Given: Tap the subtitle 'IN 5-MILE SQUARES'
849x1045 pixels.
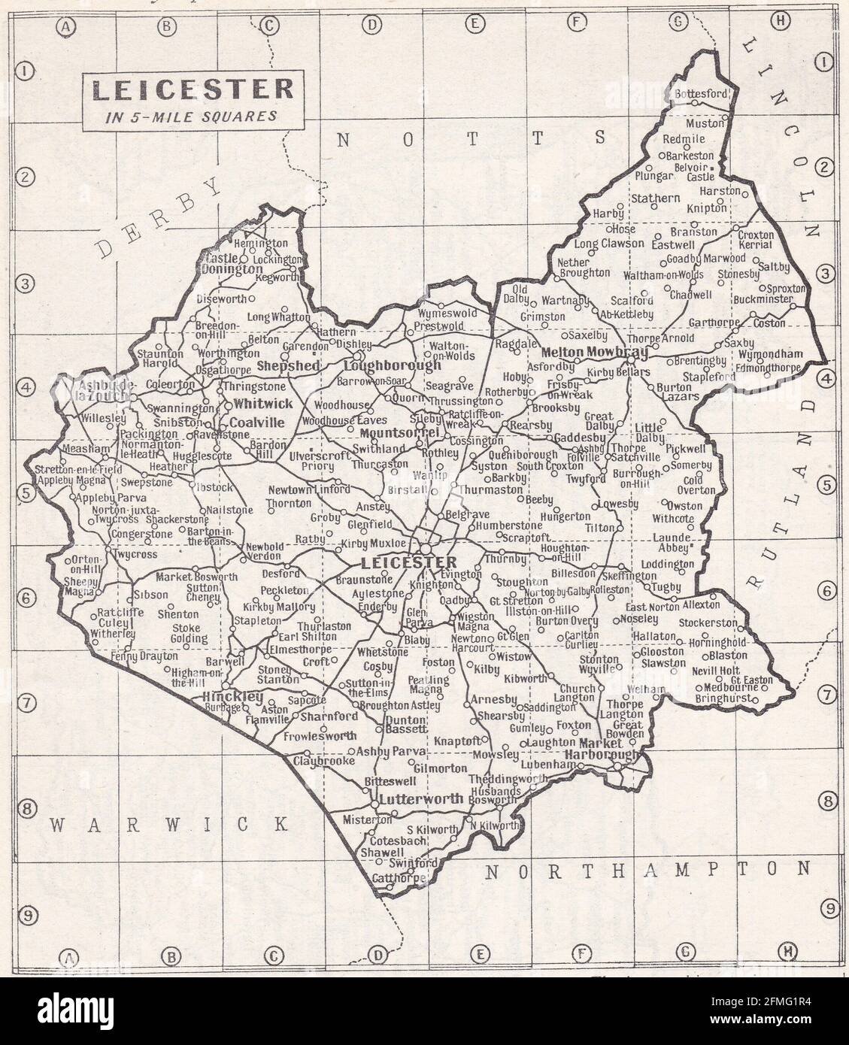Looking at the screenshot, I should (x=193, y=117).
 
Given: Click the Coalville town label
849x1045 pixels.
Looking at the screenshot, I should (x=257, y=423).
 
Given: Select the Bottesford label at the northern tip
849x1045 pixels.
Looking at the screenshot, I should (x=701, y=94).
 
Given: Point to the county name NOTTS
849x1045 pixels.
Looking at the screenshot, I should (x=471, y=138).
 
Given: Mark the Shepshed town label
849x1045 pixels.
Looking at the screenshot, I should (x=289, y=365).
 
